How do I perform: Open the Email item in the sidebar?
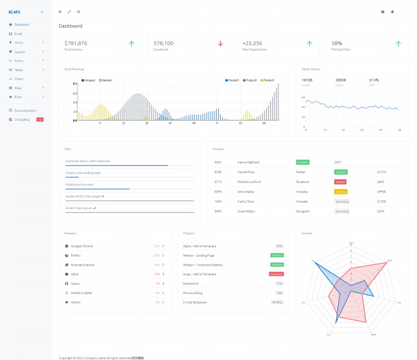pyautogui.click(x=18, y=33)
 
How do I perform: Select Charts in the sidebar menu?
pyautogui.click(x=19, y=79)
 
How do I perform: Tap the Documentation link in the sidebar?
pyautogui.click(x=26, y=110)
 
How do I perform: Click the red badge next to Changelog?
pyautogui.click(x=40, y=119)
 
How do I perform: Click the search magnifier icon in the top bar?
pyautogui.click(x=78, y=12)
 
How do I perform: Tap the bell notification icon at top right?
pyautogui.click(x=392, y=12)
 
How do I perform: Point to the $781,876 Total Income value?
pyautogui.click(x=76, y=43)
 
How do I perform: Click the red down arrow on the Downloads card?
pyautogui.click(x=220, y=44)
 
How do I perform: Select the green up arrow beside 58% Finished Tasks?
pyautogui.click(x=398, y=44)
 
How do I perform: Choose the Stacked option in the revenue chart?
pyautogui.click(x=105, y=80)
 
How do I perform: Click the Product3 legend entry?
pyautogui.click(x=268, y=80)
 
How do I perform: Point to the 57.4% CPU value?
pyautogui.click(x=373, y=80)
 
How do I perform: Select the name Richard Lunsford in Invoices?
pyautogui.click(x=249, y=182)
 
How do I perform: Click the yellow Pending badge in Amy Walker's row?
pyautogui.click(x=341, y=191)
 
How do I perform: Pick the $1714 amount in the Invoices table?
pyautogui.click(x=381, y=172)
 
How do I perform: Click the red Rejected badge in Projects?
pyautogui.click(x=277, y=273)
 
